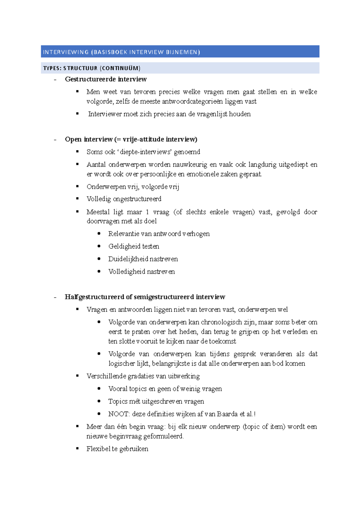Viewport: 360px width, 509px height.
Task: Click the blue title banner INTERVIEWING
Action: coord(180,52)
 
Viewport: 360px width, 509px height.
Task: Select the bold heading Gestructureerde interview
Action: coord(106,79)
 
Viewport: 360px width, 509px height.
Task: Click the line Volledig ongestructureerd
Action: coord(124,199)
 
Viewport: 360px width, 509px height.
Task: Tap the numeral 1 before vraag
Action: coord(147,212)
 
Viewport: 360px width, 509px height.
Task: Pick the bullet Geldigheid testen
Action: coord(133,246)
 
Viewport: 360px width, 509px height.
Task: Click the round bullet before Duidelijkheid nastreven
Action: coord(99,258)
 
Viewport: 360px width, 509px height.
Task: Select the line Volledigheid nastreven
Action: coord(141,272)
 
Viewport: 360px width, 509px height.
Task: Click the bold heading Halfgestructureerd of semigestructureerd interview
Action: coord(145,297)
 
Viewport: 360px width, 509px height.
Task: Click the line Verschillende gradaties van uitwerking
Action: coord(143,376)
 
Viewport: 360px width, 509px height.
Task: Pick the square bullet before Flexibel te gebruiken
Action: coord(77,448)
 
